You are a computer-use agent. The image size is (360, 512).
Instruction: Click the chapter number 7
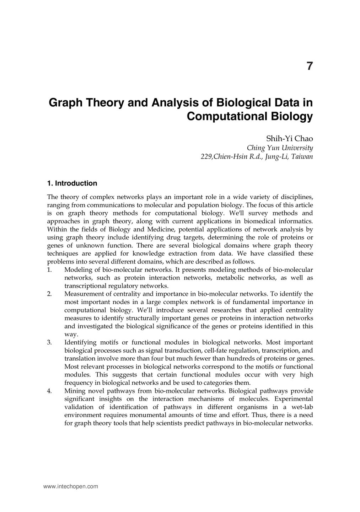[310, 66]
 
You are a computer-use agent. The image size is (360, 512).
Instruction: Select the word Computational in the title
[221, 117]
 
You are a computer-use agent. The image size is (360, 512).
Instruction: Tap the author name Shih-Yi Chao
[290, 139]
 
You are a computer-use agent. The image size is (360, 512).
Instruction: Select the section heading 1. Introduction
[72, 183]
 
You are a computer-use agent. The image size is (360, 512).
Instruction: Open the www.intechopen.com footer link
[70, 486]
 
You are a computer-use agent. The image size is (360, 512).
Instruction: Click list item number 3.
[49, 342]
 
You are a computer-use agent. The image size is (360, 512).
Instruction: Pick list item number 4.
[49, 391]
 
